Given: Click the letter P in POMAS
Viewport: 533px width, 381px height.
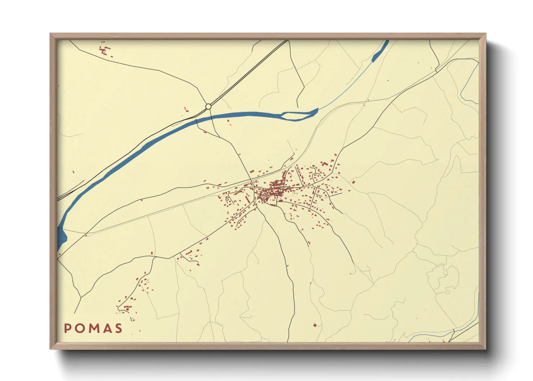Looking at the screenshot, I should (67, 328).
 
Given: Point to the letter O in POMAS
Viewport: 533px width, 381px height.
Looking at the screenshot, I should (80, 328).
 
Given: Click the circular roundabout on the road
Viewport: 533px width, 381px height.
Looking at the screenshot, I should (208, 106).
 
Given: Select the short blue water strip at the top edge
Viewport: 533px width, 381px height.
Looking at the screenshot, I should (380, 50).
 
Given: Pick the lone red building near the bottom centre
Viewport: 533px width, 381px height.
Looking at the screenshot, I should (315, 325).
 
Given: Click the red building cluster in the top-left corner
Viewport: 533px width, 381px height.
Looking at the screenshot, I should (105, 50).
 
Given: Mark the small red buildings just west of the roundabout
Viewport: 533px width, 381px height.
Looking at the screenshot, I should (186, 109).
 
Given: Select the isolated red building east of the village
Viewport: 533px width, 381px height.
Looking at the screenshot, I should (353, 182).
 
